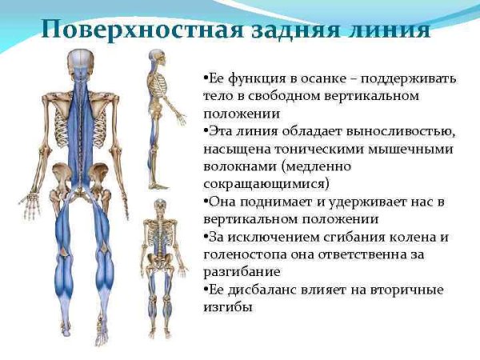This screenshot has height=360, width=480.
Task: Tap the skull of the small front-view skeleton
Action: coord(159,206)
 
